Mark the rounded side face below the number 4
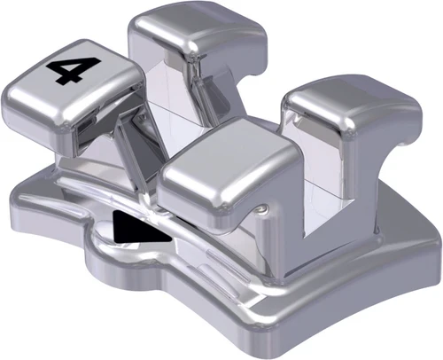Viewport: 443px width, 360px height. click(x=44, y=120)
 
